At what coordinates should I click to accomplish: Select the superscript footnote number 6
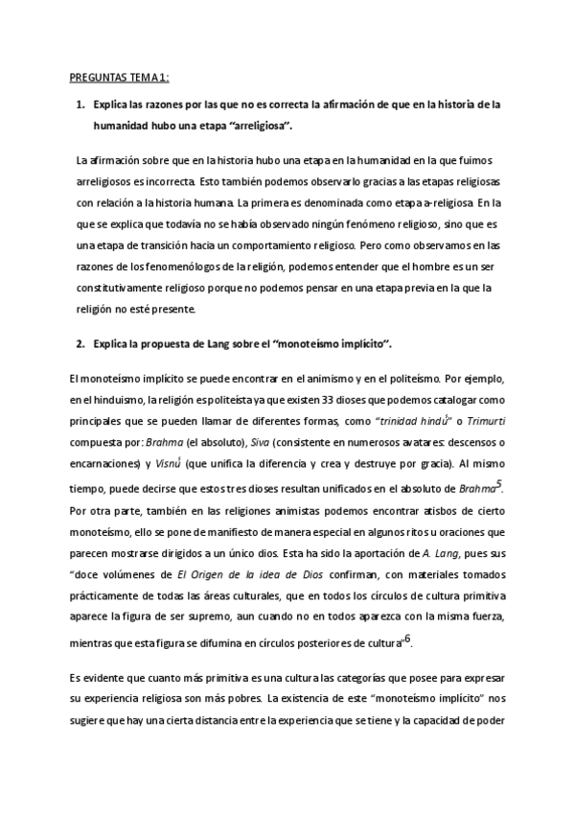[x=407, y=638]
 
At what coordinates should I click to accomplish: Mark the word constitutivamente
[x=118, y=288]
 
